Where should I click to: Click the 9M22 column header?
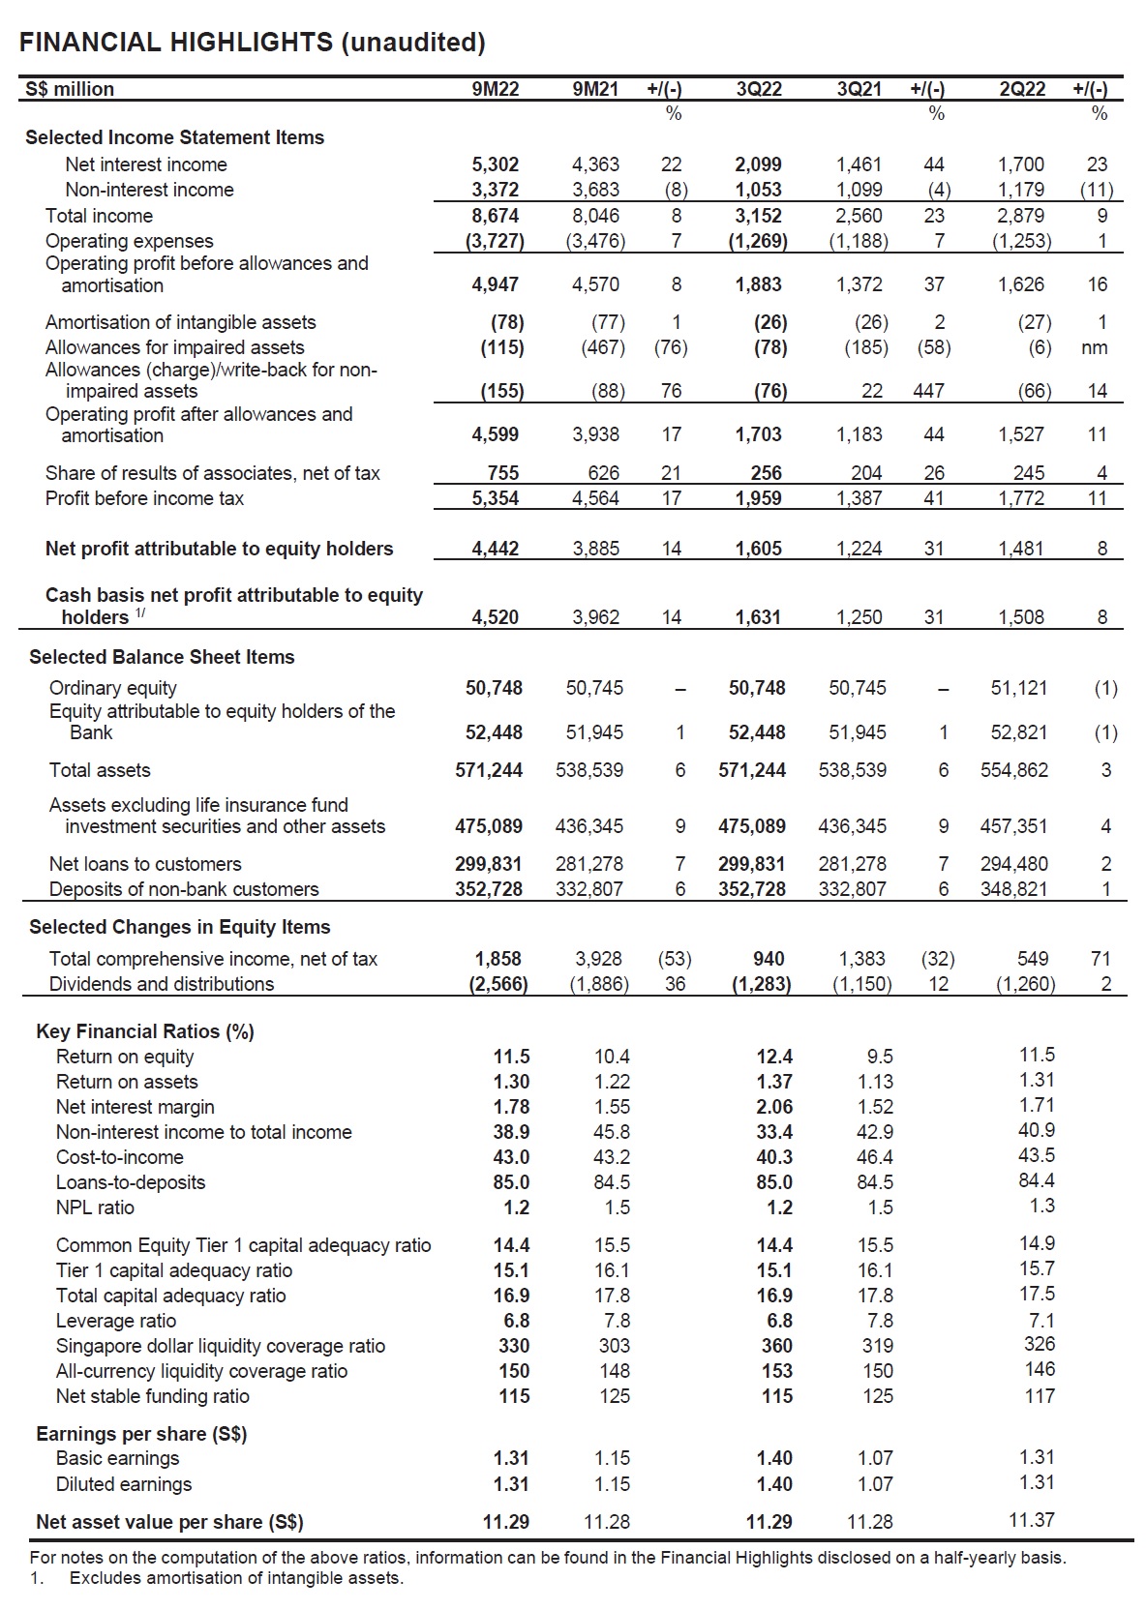click(496, 89)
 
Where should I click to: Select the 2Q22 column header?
click(1022, 89)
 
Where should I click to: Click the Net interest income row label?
click(145, 164)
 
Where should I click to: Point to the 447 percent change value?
click(928, 391)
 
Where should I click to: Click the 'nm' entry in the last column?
click(1096, 347)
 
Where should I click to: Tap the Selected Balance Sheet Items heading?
click(162, 657)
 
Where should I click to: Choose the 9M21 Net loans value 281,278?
click(589, 864)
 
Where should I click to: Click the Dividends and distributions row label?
click(162, 984)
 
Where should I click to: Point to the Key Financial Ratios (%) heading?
click(145, 1031)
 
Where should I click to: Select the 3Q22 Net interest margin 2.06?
click(774, 1107)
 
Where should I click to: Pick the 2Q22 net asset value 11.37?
click(1032, 1520)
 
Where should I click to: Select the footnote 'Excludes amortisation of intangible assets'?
click(236, 1578)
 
